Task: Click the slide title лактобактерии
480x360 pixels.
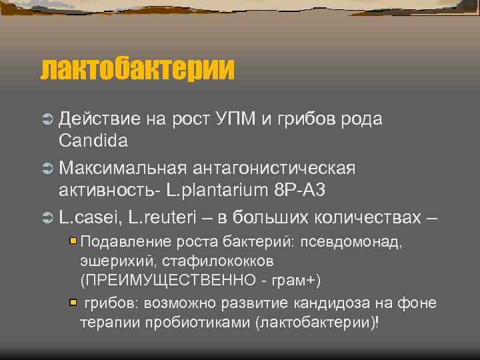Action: pyautogui.click(x=138, y=69)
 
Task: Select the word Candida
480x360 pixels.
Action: pyautogui.click(x=93, y=141)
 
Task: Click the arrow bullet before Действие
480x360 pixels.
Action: pyautogui.click(x=47, y=119)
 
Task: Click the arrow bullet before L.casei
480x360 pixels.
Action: pyautogui.click(x=47, y=217)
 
